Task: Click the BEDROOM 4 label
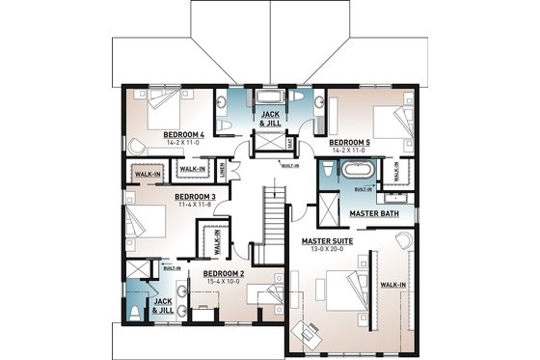pyautogui.click(x=182, y=134)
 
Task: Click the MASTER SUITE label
pyautogui.click(x=326, y=240)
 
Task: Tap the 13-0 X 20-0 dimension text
pyautogui.click(x=326, y=249)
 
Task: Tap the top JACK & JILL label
pyautogui.click(x=270, y=118)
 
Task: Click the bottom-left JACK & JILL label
pyautogui.click(x=163, y=306)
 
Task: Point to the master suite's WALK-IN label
pyautogui.click(x=391, y=285)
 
